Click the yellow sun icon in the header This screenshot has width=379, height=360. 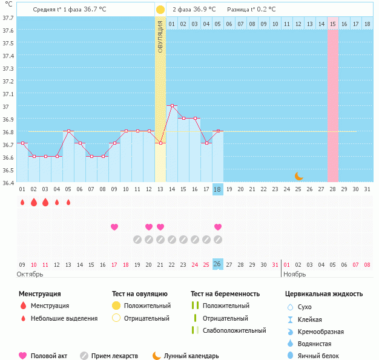pyautogui.click(x=160, y=10)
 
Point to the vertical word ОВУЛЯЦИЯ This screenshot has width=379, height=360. pyautogui.click(x=160, y=36)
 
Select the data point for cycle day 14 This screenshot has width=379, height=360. pyautogui.click(x=172, y=105)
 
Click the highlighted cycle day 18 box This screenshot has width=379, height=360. pyautogui.click(x=218, y=189)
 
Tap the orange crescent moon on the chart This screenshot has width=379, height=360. pyautogui.click(x=298, y=176)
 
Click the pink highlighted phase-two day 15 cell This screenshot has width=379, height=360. pyautogui.click(x=333, y=24)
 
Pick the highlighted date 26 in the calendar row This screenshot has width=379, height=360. pyautogui.click(x=218, y=264)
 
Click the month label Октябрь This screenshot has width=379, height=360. pyautogui.click(x=30, y=274)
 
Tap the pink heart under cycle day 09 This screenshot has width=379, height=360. pyautogui.click(x=114, y=227)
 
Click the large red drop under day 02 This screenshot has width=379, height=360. pyautogui.click(x=34, y=202)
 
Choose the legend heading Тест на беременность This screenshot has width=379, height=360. pyautogui.click(x=225, y=294)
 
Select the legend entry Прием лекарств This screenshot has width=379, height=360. pyautogui.click(x=114, y=356)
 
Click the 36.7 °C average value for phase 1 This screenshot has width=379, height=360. pyautogui.click(x=94, y=10)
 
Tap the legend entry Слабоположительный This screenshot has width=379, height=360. pyautogui.click(x=234, y=330)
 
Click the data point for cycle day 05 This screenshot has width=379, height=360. pyautogui.click(x=68, y=131)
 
